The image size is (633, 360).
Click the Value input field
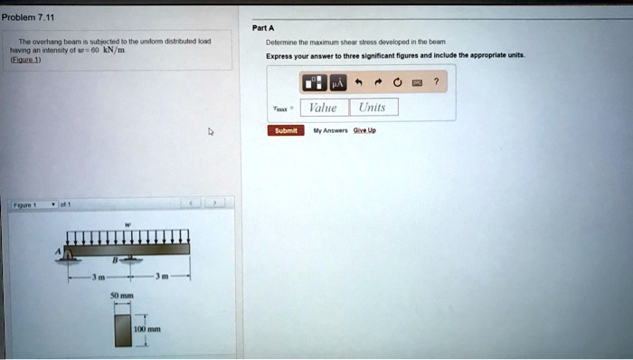323,108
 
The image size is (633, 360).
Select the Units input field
372,108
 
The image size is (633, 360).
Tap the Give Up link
365,130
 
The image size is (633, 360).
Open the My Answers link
330,130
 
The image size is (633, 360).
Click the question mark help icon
437,82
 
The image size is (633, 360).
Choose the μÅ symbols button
335,82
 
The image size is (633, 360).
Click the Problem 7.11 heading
28,17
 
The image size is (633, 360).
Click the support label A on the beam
57,251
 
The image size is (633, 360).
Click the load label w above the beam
127,223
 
